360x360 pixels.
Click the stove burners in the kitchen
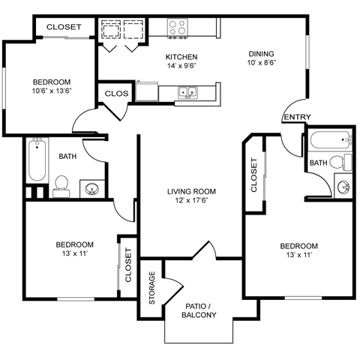click(177, 28)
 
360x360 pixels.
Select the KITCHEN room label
click(181, 57)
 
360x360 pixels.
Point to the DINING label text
click(262, 54)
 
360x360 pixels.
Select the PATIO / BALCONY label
click(199, 310)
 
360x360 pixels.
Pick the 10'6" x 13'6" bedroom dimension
click(51, 91)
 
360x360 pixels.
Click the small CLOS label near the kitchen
click(117, 94)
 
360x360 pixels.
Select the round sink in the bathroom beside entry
click(344, 187)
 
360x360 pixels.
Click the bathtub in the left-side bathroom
click(37, 160)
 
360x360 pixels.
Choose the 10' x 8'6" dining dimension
click(262, 64)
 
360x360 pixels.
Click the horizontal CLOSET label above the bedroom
click(64, 27)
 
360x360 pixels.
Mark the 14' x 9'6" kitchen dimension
click(181, 66)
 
